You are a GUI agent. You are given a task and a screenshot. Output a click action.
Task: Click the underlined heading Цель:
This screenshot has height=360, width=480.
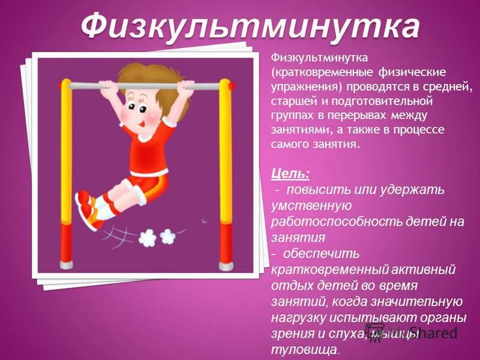290,173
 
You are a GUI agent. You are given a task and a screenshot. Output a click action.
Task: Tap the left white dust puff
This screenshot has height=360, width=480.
148,238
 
